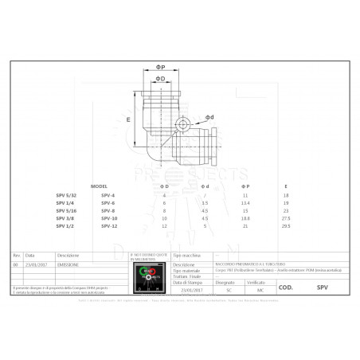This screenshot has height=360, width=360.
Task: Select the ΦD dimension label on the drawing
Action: pos(160,79)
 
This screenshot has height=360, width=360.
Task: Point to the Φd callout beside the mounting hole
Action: pos(209,116)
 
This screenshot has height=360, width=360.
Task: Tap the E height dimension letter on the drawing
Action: pos(128,118)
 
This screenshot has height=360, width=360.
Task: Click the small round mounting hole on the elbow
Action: pos(184,124)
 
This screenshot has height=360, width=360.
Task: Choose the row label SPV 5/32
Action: pos(67,195)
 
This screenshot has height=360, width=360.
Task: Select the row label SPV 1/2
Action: pos(65,225)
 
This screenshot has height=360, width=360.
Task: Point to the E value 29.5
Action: pos(286,225)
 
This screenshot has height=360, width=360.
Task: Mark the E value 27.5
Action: pos(286,217)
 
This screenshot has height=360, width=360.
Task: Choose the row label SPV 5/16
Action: pos(67,210)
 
